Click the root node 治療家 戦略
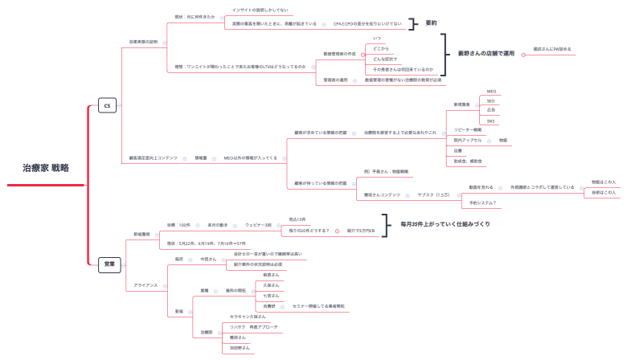coord(45,168)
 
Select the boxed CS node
coord(107,104)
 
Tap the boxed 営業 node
coord(109,264)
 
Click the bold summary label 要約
coord(432,23)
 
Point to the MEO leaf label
coord(492,92)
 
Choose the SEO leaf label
coord(491,101)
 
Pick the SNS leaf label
coord(491,121)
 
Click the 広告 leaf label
coord(491,111)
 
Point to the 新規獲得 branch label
coord(141,234)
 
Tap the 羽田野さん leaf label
coord(240,347)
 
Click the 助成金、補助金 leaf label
coord(468,161)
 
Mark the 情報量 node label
coord(201,157)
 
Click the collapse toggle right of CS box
coord(121,104)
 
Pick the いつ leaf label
coord(378,38)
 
